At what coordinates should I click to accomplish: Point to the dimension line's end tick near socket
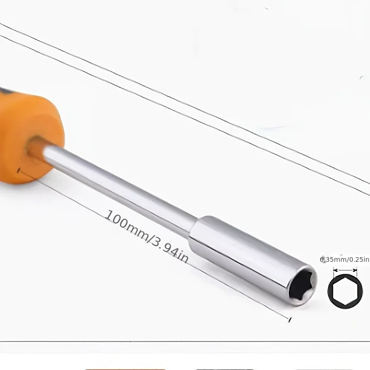pos(290,319)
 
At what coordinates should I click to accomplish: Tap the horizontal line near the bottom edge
pos(185,342)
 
